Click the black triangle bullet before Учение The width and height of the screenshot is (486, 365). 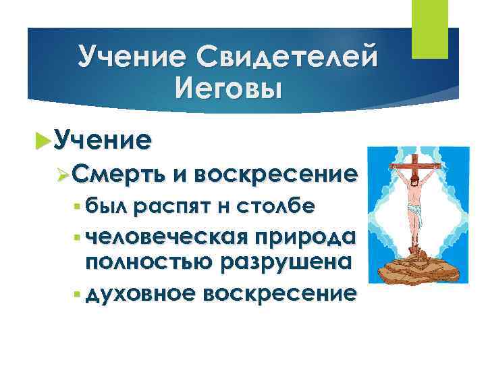pyautogui.click(x=43, y=141)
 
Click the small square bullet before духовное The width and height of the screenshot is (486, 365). pyautogui.click(x=78, y=294)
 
